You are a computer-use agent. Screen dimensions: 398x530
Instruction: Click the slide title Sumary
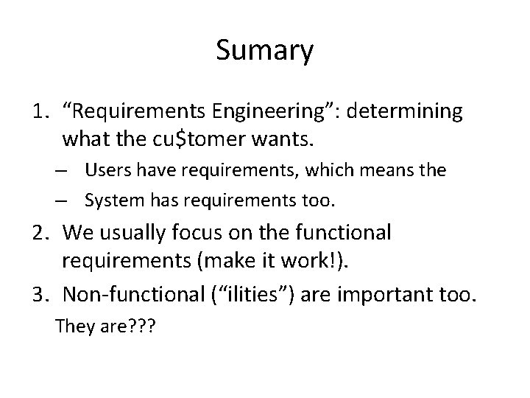[x=265, y=52]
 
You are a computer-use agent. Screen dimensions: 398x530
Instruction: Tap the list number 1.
[x=40, y=111]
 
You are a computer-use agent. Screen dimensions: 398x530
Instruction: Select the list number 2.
[x=40, y=233]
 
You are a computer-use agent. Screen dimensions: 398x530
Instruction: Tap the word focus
[x=191, y=234]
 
